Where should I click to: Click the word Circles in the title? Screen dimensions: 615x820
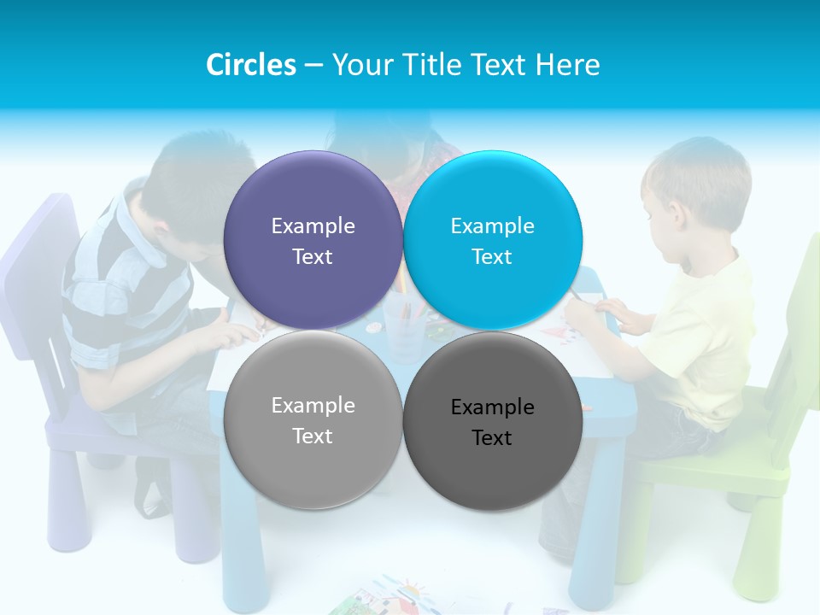[x=250, y=65]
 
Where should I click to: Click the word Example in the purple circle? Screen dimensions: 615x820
[x=313, y=226]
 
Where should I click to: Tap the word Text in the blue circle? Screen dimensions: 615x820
[x=492, y=257]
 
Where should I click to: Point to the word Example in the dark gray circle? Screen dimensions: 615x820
[x=492, y=407]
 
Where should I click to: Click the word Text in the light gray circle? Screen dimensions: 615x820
[x=313, y=436]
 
